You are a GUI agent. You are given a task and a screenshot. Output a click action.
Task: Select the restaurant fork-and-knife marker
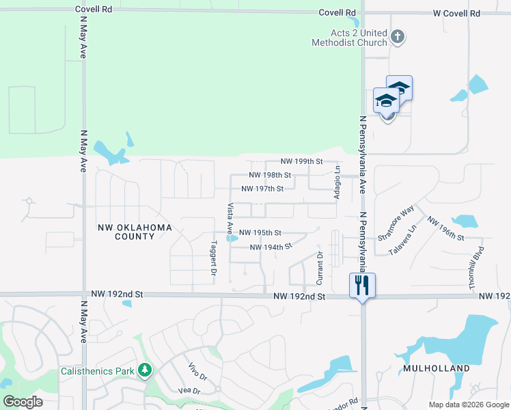(x=361, y=284)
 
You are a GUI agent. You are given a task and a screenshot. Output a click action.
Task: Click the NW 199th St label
(x=301, y=162)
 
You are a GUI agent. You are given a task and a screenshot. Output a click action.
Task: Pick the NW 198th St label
(x=270, y=175)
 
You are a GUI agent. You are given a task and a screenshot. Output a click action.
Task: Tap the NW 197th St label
(x=262, y=189)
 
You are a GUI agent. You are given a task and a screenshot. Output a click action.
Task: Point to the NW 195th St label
(x=260, y=233)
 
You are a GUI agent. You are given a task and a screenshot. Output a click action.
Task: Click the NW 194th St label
(x=271, y=247)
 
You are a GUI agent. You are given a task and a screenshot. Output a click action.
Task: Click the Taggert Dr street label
(x=214, y=253)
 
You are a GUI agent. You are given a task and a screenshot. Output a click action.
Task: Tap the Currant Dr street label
(x=319, y=267)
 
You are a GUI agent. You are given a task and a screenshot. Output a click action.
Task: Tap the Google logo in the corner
(x=23, y=402)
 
